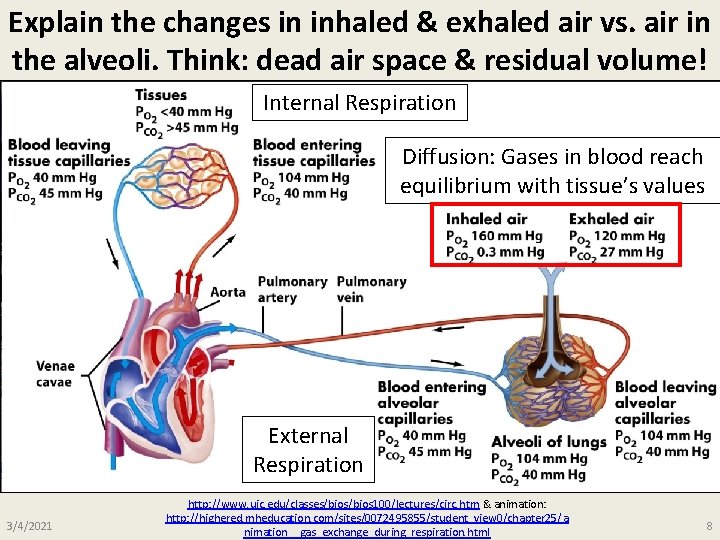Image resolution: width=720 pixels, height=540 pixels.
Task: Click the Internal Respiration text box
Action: coord(359,102)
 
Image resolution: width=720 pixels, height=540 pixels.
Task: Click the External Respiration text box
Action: coord(308,450)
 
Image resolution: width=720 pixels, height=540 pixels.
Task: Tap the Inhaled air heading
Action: coord(486,219)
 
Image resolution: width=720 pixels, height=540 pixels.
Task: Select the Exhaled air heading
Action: coord(611,219)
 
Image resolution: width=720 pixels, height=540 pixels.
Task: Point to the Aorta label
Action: coord(228,292)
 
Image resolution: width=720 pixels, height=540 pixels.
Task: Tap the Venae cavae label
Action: coord(54,374)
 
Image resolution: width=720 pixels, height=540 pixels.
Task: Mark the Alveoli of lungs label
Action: coord(548,442)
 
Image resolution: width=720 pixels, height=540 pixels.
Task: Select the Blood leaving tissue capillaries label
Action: coord(69,153)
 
